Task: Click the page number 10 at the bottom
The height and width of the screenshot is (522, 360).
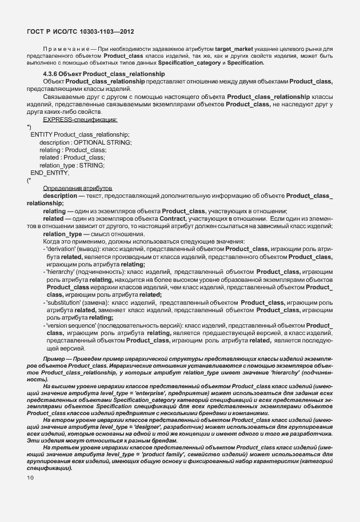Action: (x=30, y=477)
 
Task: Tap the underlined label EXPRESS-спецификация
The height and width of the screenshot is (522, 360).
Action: (x=80, y=119)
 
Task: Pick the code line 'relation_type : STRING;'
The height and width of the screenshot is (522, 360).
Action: (x=72, y=165)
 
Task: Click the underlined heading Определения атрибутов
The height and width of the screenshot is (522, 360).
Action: (x=78, y=188)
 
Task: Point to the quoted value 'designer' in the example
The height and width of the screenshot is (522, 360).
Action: (x=159, y=427)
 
